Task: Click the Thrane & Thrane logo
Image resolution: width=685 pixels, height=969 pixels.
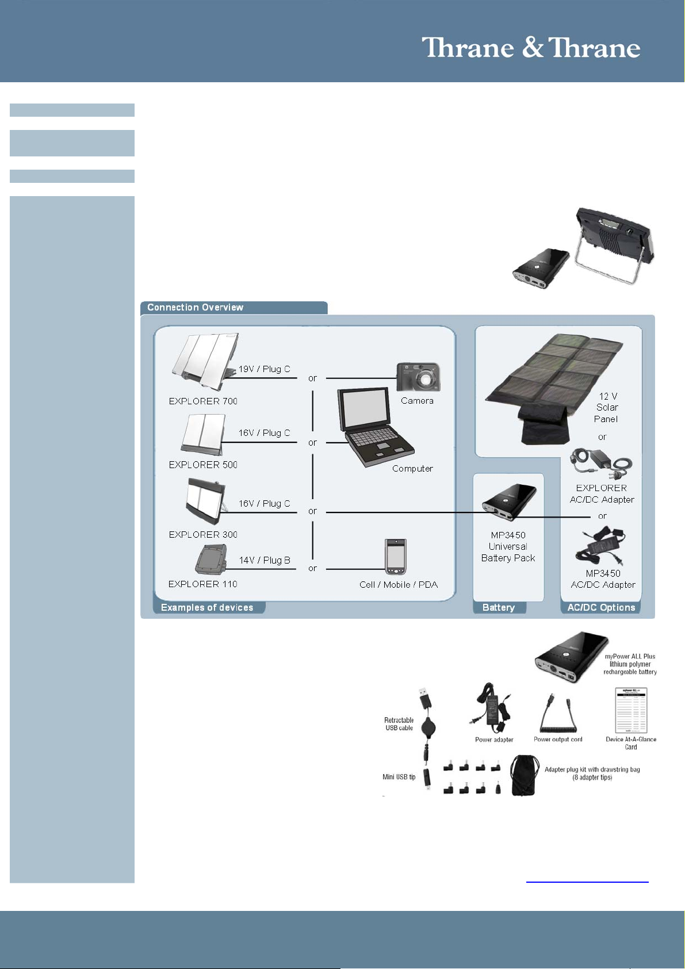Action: click(531, 47)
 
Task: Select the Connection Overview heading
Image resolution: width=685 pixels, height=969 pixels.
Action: click(195, 307)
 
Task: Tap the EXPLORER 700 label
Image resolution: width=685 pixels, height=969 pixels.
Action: click(203, 401)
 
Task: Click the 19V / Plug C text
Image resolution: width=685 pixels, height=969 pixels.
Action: click(265, 369)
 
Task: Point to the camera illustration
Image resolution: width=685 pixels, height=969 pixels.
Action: click(419, 377)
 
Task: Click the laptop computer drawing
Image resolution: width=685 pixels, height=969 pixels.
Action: click(375, 426)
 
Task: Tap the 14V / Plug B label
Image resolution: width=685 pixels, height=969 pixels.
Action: click(265, 560)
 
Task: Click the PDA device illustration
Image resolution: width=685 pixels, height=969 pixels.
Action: click(396, 557)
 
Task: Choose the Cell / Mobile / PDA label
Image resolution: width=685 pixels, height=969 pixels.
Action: click(399, 584)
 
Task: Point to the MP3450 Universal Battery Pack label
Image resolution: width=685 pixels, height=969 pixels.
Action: click(508, 546)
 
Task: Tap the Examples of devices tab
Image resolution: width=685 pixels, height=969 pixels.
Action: click(207, 607)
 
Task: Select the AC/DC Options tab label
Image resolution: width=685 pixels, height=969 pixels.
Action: click(601, 607)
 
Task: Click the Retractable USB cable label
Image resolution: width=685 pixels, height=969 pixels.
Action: click(399, 723)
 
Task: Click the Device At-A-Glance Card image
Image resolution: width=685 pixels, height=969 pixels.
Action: click(632, 710)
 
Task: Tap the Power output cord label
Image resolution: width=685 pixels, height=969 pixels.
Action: click(558, 740)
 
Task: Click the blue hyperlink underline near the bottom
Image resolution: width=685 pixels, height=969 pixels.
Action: click(587, 881)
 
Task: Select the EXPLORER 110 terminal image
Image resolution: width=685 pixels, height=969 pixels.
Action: click(211, 559)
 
